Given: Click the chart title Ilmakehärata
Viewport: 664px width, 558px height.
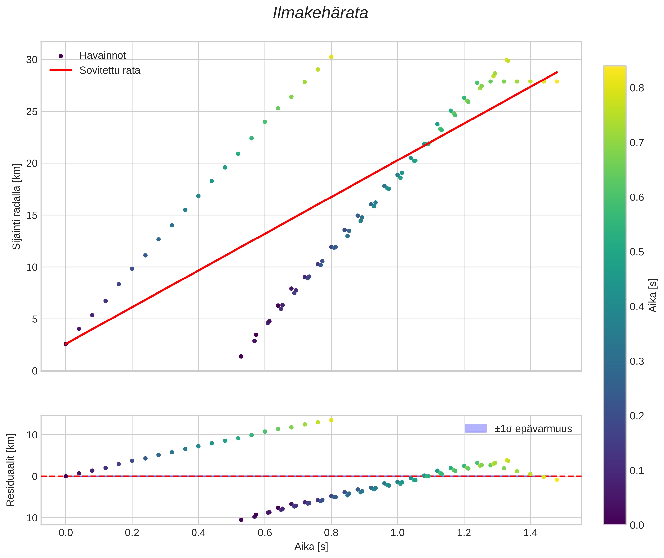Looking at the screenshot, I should pyautogui.click(x=320, y=13).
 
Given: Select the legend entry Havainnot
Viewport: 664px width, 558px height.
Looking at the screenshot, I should pyautogui.click(x=103, y=56).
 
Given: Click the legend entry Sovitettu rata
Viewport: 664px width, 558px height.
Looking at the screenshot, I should pyautogui.click(x=110, y=70).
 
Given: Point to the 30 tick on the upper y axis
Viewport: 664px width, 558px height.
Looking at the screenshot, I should pyautogui.click(x=32, y=60).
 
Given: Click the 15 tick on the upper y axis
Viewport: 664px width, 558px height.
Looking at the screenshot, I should pyautogui.click(x=32, y=215).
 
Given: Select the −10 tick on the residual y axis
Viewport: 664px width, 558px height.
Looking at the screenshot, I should pyautogui.click(x=29, y=518).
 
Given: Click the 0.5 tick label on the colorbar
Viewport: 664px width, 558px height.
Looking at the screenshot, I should pyautogui.click(x=636, y=252).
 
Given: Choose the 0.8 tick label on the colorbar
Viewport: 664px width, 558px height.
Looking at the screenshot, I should pyautogui.click(x=636, y=88).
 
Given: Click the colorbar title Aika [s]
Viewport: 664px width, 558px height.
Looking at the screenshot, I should pyautogui.click(x=653, y=295).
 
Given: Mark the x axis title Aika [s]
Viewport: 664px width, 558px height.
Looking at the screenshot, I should pyautogui.click(x=311, y=547).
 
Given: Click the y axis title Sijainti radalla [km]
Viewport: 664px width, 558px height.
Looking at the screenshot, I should pyautogui.click(x=16, y=206).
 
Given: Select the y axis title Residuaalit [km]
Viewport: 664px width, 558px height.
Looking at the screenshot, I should pyautogui.click(x=10, y=470).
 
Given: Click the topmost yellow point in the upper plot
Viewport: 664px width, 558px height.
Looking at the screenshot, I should pyautogui.click(x=331, y=57).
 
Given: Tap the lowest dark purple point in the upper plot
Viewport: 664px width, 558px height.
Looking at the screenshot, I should pyautogui.click(x=241, y=357).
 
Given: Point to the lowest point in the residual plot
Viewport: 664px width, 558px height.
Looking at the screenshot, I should pyautogui.click(x=241, y=520).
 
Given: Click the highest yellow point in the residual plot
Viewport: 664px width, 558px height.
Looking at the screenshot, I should pyautogui.click(x=331, y=420).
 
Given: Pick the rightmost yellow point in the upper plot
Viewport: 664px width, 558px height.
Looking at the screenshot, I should pyautogui.click(x=557, y=81).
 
